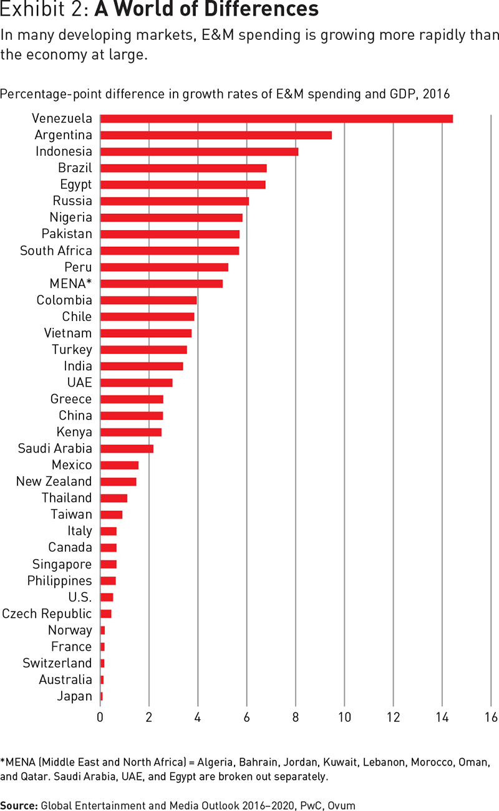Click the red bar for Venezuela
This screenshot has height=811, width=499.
click(x=276, y=118)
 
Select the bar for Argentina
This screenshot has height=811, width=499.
click(x=216, y=135)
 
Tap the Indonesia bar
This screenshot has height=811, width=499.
click(x=199, y=151)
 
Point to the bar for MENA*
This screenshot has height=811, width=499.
click(x=161, y=284)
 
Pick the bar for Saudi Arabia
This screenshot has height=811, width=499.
click(x=127, y=449)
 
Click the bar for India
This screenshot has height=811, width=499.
click(x=142, y=366)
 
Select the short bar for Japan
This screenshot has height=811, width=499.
click(x=102, y=696)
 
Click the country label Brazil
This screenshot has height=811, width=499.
click(x=75, y=168)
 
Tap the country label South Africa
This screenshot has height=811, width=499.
click(x=56, y=251)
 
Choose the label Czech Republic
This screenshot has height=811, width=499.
click(x=47, y=613)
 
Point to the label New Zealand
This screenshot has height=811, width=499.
click(x=54, y=481)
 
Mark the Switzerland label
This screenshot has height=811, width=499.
click(x=57, y=663)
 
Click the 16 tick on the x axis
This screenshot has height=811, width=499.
click(x=491, y=717)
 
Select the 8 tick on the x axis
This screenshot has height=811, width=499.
click(x=296, y=717)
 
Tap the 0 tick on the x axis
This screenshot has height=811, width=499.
click(x=100, y=717)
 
